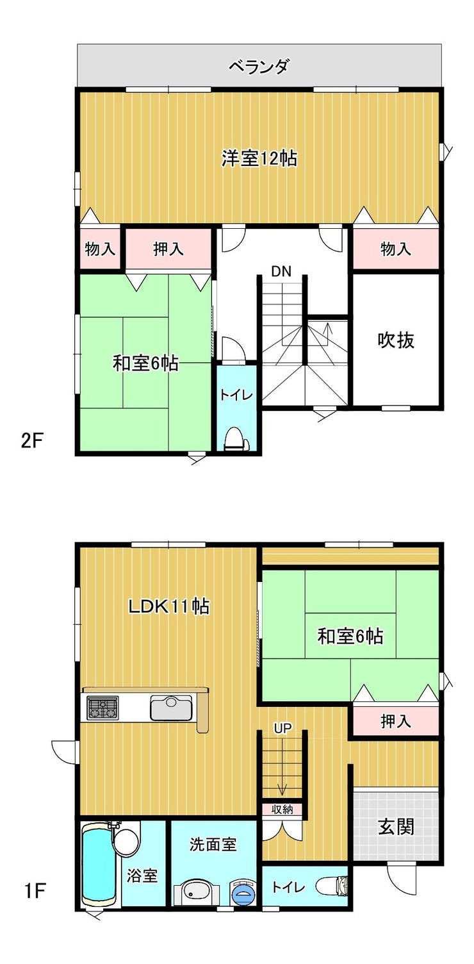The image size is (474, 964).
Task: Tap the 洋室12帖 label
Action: [x=259, y=158]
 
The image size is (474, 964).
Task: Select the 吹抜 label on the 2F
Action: [x=396, y=340]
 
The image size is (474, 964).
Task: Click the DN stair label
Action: [x=281, y=271]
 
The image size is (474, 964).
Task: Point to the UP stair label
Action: [x=282, y=727]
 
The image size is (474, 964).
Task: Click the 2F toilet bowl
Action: [x=236, y=438]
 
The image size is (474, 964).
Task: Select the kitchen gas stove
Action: [x=102, y=708]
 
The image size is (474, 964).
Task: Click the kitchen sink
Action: [x=171, y=708]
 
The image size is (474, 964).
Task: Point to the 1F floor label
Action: [x=35, y=892]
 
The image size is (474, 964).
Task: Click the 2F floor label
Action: [x=33, y=442]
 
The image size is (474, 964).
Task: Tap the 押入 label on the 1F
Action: [x=396, y=721]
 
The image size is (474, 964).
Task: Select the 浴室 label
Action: [x=142, y=876]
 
